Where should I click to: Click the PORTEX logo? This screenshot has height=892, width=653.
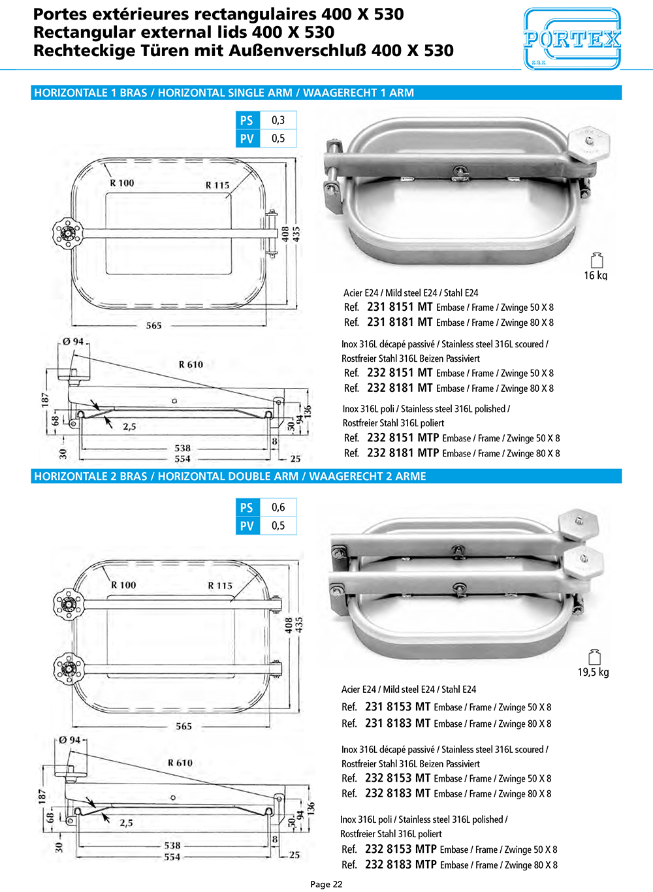coord(572,39)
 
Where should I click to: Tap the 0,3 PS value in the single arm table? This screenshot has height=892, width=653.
coord(278,120)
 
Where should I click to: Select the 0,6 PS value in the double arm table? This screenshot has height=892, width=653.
coord(278,507)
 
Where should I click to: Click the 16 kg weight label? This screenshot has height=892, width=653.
coord(596,275)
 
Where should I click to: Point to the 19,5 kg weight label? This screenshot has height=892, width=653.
coord(594,672)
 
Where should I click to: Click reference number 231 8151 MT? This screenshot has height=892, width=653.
coord(400,307)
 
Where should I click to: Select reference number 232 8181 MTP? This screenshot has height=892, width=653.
coord(403,453)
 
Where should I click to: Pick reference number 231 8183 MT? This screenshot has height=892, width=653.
coord(398,723)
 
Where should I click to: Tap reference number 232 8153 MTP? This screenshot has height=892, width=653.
coord(401,849)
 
